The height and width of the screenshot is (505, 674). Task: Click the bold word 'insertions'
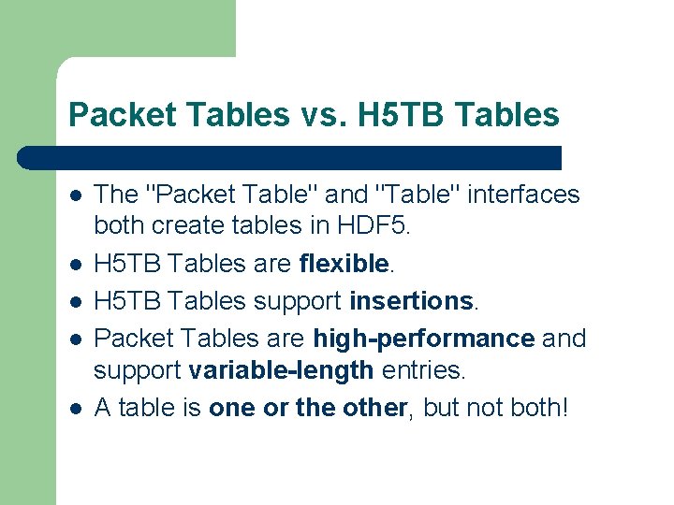pos(411,301)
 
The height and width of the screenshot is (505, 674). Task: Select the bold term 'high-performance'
pos(424,337)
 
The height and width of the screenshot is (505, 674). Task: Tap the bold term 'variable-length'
pos(281,371)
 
